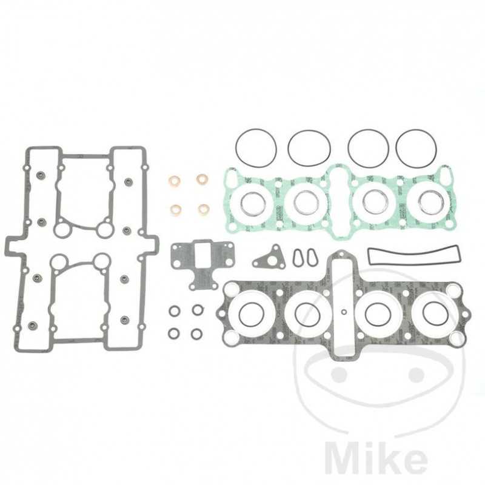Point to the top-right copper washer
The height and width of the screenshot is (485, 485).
[x=201, y=180]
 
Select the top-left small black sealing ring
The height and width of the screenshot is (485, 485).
[x=175, y=310]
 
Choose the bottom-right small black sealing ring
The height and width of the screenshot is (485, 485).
[x=196, y=333]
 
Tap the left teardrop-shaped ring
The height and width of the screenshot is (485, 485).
[x=298, y=257]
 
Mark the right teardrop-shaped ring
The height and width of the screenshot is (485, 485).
[x=310, y=257]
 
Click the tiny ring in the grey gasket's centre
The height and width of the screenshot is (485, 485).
[x=344, y=313]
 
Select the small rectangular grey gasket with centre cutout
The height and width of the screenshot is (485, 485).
[x=202, y=259]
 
